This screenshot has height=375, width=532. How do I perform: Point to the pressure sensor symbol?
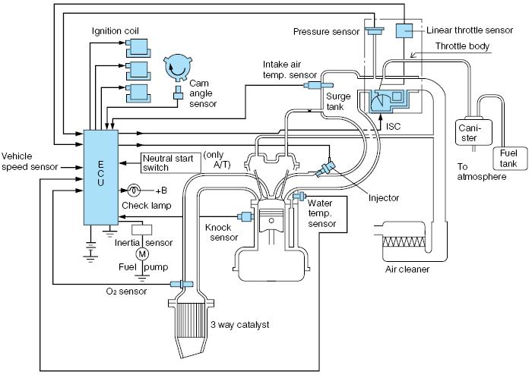(374, 31)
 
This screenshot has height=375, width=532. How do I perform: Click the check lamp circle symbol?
(135, 190)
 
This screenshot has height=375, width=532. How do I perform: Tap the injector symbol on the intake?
(328, 168)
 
